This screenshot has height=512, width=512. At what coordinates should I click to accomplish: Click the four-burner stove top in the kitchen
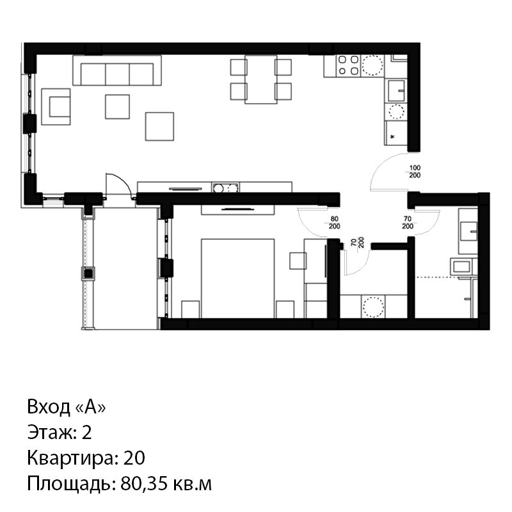(348, 65)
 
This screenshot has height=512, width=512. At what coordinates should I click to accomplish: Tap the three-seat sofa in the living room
(117, 70)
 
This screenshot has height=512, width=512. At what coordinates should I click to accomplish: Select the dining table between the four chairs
(261, 79)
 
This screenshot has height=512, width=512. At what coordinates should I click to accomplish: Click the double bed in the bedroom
(237, 278)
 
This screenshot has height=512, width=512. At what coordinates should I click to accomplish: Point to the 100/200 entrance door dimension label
(415, 172)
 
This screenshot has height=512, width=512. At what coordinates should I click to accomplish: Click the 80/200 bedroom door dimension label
(334, 223)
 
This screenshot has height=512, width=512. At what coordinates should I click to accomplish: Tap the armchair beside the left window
(56, 107)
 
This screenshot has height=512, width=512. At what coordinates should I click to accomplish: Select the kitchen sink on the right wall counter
(396, 90)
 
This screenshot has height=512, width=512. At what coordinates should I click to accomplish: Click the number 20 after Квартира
(134, 458)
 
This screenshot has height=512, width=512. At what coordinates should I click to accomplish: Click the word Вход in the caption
(49, 407)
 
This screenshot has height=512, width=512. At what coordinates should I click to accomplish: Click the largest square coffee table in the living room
(159, 126)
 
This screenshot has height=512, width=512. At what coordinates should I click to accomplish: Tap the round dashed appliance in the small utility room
(373, 307)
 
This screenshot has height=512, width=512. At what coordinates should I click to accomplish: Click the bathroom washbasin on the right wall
(469, 231)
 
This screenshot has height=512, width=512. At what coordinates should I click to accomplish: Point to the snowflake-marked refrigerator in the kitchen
(396, 133)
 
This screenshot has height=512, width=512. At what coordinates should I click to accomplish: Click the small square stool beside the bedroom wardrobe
(298, 261)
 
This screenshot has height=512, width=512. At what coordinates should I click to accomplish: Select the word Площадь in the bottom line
(72, 484)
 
